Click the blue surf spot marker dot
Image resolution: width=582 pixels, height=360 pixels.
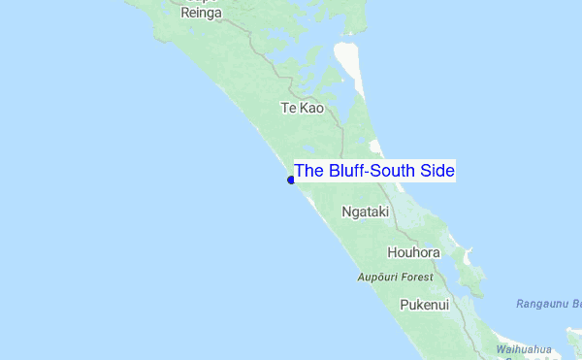(x=291, y=180)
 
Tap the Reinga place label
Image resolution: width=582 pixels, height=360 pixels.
(x=202, y=13)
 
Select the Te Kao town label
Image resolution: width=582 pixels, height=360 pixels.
(x=302, y=108)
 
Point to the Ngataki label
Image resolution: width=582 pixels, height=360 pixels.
(x=366, y=211)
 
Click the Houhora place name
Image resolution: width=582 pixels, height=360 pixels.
(x=413, y=253)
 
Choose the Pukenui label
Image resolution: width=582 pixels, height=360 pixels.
(x=425, y=305)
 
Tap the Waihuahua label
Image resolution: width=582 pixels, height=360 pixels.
(x=524, y=349)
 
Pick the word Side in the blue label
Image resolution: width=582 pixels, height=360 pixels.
(x=437, y=172)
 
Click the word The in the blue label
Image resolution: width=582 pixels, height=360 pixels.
(x=309, y=172)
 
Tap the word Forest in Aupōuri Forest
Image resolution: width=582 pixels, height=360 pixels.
(x=416, y=278)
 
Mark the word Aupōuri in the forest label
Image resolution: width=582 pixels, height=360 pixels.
(x=376, y=278)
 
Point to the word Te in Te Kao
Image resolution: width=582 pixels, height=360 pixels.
(x=288, y=108)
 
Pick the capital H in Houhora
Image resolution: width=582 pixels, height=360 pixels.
(x=393, y=253)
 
